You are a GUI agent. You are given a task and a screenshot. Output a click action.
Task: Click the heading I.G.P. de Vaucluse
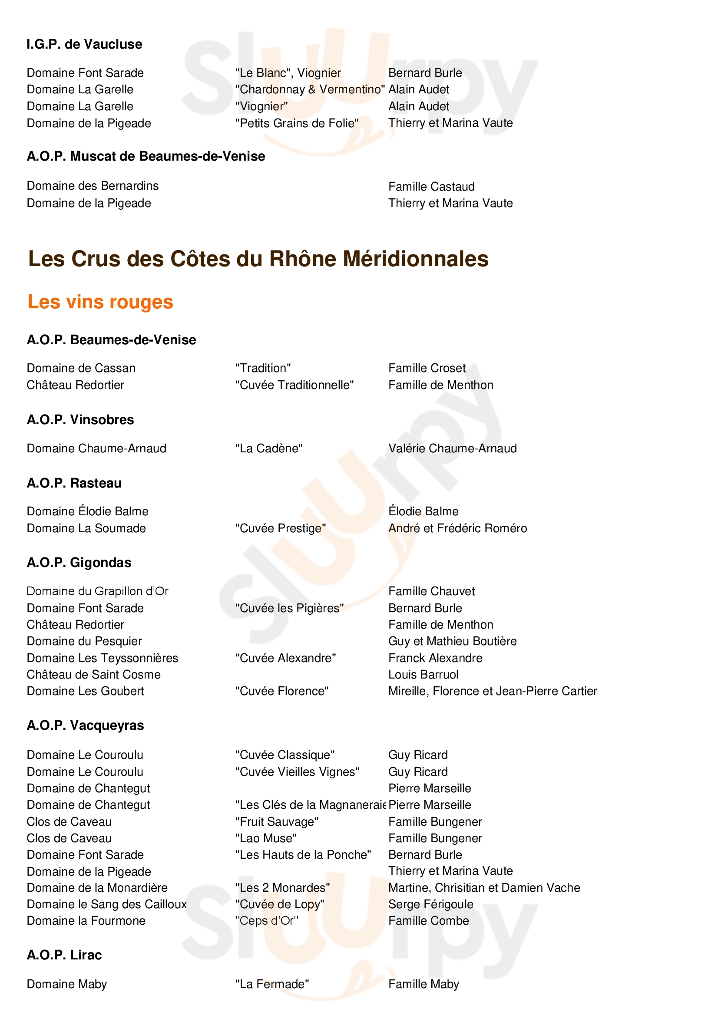[84, 44]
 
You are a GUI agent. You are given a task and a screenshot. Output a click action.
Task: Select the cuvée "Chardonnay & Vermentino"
[310, 89]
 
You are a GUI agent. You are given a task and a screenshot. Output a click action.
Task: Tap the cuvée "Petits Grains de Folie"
[296, 123]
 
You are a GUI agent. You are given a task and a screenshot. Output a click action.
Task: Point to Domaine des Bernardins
[93, 186]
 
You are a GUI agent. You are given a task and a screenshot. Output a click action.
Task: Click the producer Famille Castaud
[431, 187]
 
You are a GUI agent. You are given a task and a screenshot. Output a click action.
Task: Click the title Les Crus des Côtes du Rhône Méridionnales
[258, 259]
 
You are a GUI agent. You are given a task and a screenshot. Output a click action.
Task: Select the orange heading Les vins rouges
[100, 302]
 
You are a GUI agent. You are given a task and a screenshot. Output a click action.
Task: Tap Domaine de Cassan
[81, 368]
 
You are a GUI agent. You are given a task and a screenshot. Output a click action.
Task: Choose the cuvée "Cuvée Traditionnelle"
[294, 385]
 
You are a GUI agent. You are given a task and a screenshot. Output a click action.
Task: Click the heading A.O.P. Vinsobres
[80, 419]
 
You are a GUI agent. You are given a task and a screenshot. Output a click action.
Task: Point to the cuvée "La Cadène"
[268, 448]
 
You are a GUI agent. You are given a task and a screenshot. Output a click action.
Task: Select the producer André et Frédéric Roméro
[457, 528]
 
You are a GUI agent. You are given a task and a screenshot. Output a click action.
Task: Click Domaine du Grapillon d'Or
[97, 591]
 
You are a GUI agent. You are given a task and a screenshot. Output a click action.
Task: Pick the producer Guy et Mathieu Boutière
[452, 641]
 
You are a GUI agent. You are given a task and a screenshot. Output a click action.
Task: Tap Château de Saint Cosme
[93, 675]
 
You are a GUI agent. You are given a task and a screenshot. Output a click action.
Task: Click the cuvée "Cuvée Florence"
[282, 691]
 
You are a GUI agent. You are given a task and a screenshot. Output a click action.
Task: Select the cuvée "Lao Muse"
[265, 838]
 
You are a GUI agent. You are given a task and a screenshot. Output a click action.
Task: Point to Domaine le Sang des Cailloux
[106, 904]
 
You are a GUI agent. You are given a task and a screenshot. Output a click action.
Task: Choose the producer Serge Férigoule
[430, 904]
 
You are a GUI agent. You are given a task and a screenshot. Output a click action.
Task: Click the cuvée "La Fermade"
[271, 984]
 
